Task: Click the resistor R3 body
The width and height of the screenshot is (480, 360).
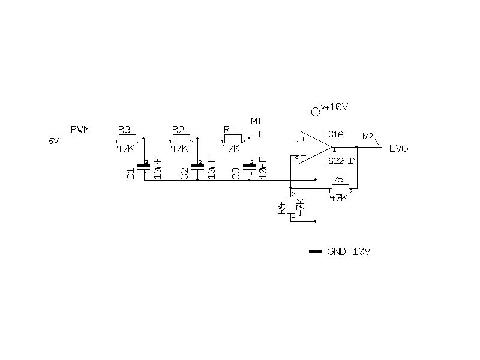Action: click(127, 139)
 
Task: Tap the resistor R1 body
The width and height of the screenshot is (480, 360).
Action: click(232, 139)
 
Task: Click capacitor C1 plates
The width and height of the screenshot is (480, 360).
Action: click(144, 167)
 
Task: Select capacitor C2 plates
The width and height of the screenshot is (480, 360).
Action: click(197, 167)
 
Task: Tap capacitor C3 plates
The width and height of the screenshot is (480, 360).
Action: click(249, 167)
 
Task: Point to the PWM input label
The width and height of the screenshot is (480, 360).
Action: click(80, 130)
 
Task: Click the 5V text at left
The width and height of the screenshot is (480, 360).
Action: click(55, 141)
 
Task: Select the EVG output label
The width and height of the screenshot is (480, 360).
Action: click(399, 148)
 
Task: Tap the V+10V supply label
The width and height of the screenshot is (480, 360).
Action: click(335, 107)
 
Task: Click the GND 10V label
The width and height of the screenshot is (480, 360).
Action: click(349, 251)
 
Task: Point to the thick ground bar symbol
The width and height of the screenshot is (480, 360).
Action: click(315, 251)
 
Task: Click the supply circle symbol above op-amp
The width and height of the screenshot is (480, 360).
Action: click(315, 111)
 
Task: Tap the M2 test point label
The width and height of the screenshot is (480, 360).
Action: click(368, 136)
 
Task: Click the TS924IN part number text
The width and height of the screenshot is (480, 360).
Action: click(341, 161)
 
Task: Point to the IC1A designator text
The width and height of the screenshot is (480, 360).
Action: click(333, 134)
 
